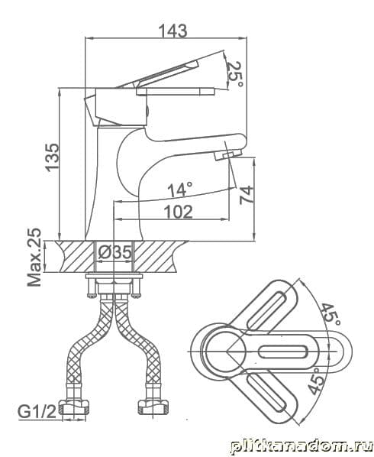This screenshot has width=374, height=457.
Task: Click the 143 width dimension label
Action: click(x=173, y=31)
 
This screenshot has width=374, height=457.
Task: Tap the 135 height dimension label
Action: click(x=52, y=157)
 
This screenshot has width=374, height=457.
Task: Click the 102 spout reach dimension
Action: click(x=178, y=212)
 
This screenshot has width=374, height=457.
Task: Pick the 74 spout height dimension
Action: click(x=247, y=195)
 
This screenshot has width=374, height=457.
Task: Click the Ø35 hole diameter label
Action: click(x=114, y=252)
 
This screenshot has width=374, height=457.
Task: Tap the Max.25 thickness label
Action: click(x=34, y=257)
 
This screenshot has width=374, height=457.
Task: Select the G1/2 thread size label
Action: click(x=37, y=412)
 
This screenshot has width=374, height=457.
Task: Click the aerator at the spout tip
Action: click(x=229, y=154)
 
